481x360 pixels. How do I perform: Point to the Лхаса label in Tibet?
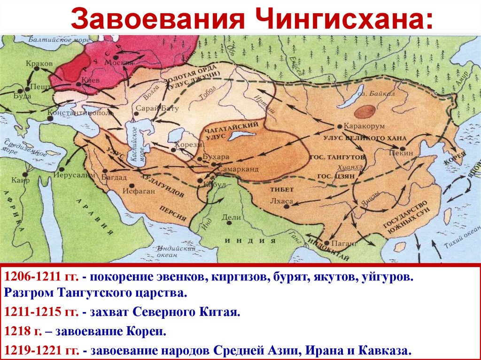point(282,201)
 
